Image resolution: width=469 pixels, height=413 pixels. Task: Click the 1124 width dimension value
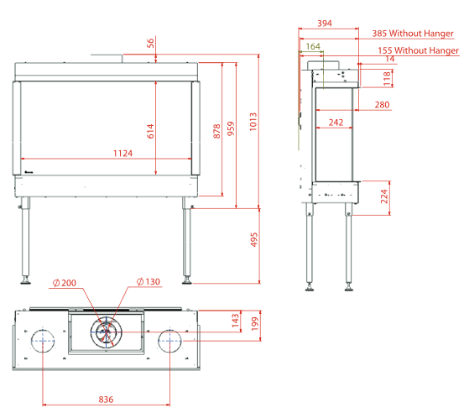coord(122,154)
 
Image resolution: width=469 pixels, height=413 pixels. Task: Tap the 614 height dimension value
coord(150,131)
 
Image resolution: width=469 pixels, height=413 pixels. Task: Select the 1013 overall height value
coord(253,122)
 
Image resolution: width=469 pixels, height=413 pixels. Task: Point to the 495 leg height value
coord(253,239)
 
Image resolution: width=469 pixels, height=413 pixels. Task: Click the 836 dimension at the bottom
coord(106,400)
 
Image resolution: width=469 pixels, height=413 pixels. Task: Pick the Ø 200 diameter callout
coord(65,283)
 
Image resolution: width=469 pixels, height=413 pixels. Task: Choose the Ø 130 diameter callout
coord(149,281)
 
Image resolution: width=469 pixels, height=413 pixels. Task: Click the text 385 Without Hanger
coord(413,34)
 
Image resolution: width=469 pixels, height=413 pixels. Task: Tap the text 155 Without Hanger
coord(418,50)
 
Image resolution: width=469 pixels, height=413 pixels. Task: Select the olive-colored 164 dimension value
coord(313,46)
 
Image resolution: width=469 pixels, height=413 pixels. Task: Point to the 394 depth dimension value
coord(325,24)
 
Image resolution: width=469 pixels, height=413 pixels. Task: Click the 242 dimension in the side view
coord(336,123)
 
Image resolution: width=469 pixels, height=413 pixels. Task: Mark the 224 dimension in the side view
coord(384,196)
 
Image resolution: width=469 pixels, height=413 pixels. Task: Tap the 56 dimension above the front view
coord(150,43)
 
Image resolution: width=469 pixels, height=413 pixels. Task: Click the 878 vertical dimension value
coord(216,131)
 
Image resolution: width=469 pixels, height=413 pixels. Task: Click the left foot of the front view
coord(25,280)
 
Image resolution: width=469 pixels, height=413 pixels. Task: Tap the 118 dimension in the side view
coord(387,78)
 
